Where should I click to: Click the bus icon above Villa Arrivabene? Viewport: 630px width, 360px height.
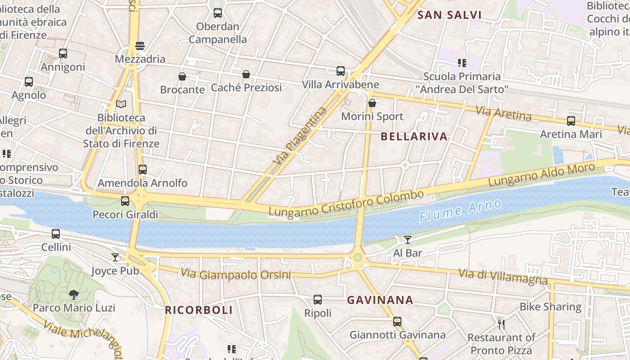coord(341,71)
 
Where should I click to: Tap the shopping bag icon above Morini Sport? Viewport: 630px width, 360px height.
coord(372,103)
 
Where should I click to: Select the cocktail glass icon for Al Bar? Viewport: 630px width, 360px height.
coord(408,240)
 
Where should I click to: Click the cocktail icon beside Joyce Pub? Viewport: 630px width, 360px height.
coord(115,257)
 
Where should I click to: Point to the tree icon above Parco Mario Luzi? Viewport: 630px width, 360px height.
coord(74,295)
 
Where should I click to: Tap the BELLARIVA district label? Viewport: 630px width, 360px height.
coord(414,136)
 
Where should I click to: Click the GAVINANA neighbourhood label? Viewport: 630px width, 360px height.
coord(380,300)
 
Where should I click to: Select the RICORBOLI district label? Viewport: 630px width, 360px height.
coord(199,310)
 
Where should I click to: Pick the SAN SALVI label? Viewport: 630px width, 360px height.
coord(450,15)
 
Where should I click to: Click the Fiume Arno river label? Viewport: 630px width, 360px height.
coord(460,211)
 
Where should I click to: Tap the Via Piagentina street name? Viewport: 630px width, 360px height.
coord(300,135)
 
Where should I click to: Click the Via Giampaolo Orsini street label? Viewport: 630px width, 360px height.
coord(236,274)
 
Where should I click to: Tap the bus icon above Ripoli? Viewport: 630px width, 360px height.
coord(318,300)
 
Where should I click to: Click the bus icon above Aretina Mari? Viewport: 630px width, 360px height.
coord(571,121)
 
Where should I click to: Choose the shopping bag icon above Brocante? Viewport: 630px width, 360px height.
coord(182,76)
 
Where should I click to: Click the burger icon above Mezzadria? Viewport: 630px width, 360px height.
coord(140,46)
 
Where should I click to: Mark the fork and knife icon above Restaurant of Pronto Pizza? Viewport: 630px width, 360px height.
coord(501,324)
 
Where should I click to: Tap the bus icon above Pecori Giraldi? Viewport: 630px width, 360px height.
coord(125,201)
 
